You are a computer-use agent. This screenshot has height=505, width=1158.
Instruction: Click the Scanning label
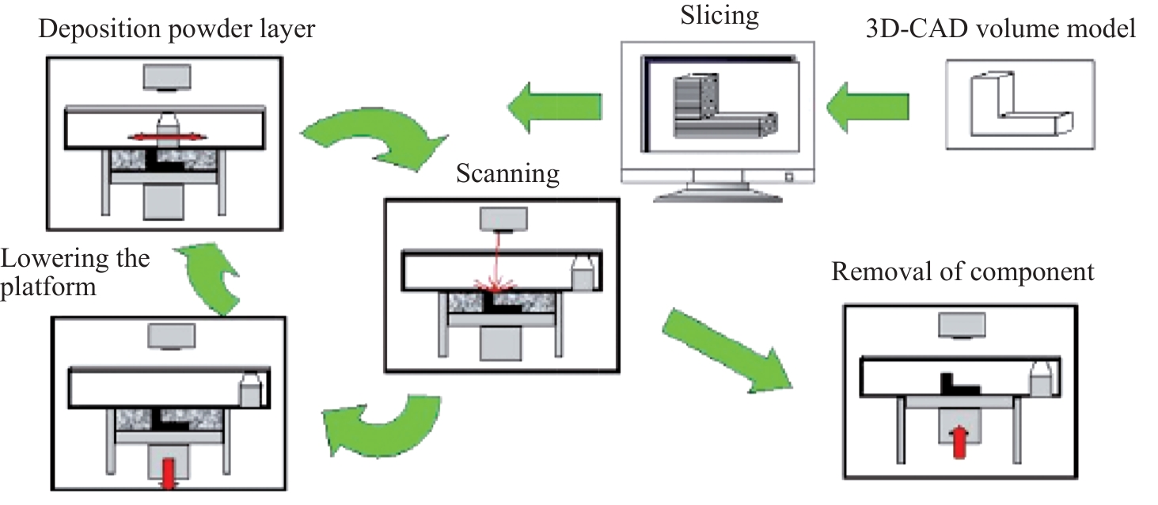(x=507, y=174)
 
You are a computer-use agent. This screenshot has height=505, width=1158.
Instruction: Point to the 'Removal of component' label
(x=963, y=272)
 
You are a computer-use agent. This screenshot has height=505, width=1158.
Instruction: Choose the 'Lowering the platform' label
(x=75, y=271)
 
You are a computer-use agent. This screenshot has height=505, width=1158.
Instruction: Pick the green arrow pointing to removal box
(x=724, y=349)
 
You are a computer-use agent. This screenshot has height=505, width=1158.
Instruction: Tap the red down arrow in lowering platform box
(x=168, y=474)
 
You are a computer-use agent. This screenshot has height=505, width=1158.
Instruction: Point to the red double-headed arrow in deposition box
(x=169, y=137)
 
